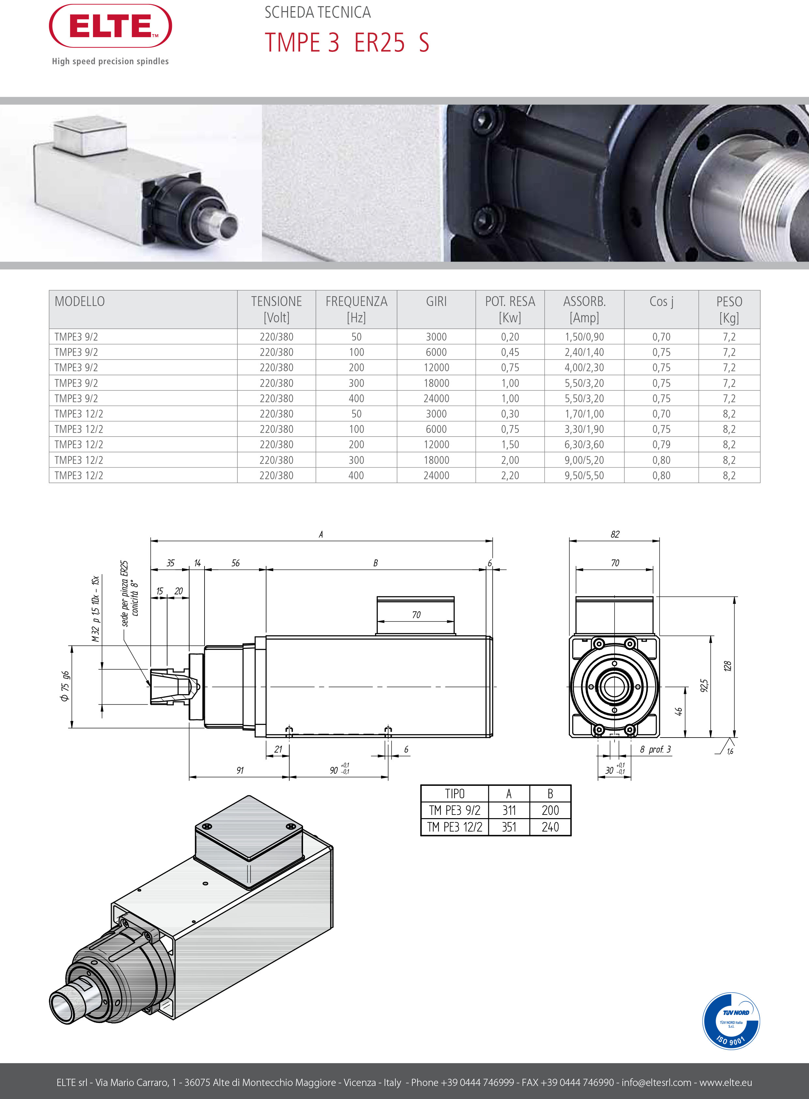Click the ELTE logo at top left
pyautogui.click(x=110, y=26)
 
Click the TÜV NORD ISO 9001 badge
pyautogui.click(x=731, y=1021)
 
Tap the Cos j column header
pyautogui.click(x=661, y=302)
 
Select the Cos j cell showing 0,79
pyautogui.click(x=661, y=445)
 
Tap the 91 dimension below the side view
pyautogui.click(x=240, y=771)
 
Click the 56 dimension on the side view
pyautogui.click(x=236, y=563)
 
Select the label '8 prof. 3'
pyautogui.click(x=655, y=749)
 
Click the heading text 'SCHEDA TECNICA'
pyautogui.click(x=317, y=12)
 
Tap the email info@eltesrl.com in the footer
pyautogui.click(x=656, y=1082)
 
